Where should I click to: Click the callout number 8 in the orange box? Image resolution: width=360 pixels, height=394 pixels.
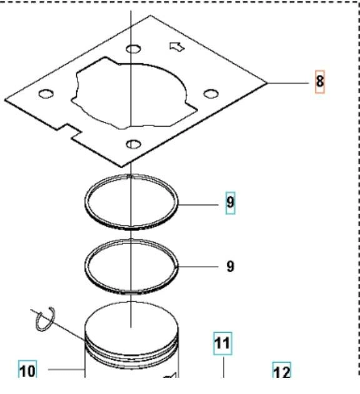(320, 82)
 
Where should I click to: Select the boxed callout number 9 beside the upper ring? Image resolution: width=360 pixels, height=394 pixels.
(230, 202)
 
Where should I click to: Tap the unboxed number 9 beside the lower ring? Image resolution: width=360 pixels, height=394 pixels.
(230, 267)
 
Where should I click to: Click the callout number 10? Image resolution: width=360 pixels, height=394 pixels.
(27, 371)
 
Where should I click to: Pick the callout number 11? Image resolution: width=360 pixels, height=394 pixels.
(222, 343)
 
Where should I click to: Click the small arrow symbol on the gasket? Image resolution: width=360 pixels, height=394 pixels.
(177, 47)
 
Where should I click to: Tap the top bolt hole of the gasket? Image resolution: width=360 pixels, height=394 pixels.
(133, 49)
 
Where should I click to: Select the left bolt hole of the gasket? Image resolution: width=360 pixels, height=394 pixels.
(46, 94)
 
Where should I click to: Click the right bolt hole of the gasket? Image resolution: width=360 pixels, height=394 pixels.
(211, 94)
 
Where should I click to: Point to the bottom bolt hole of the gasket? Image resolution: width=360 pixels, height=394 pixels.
(133, 144)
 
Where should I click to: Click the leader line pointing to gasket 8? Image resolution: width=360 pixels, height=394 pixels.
(287, 82)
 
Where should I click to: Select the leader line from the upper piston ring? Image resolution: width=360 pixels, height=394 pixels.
(198, 205)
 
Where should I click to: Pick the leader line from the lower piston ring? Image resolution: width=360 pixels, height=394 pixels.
(198, 267)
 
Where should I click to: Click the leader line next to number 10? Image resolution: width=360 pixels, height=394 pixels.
(66, 370)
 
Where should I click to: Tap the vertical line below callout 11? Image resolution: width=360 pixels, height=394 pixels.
(223, 367)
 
